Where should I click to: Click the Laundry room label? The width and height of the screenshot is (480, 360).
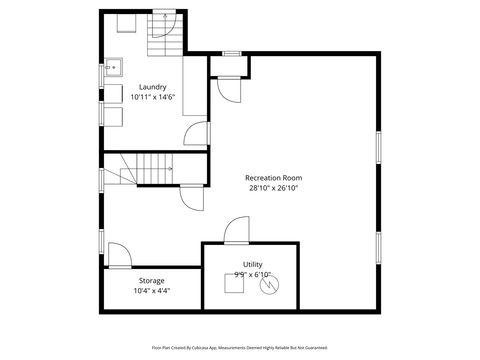(x=153, y=87)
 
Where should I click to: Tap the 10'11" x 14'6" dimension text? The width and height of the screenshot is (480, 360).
(x=153, y=97)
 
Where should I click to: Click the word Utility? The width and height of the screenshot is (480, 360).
(x=252, y=264)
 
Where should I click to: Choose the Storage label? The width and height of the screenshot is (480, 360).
(x=152, y=281)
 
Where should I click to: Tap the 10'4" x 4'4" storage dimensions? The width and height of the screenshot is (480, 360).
(x=152, y=291)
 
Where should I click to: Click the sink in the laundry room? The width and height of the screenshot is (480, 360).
(x=114, y=68)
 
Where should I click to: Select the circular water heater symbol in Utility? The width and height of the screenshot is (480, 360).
(x=267, y=286)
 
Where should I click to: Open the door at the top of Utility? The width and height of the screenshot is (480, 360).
(x=236, y=231)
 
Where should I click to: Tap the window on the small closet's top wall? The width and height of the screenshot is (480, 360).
(x=232, y=53)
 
